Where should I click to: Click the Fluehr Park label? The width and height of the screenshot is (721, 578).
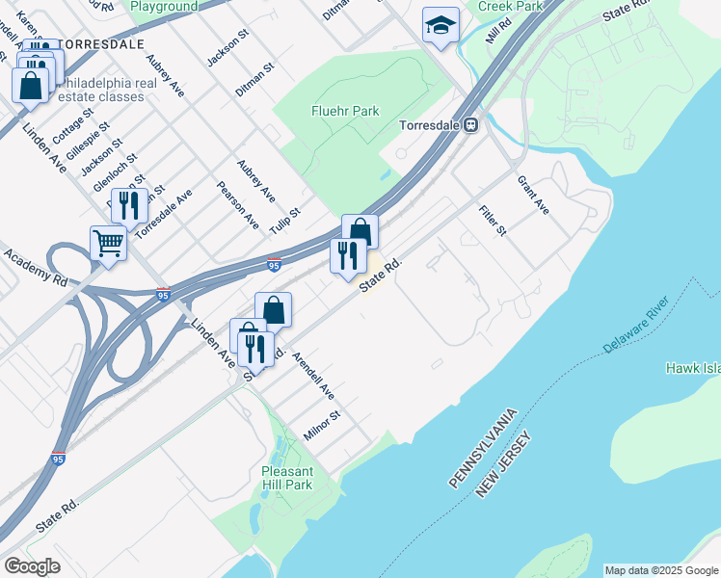[344, 111]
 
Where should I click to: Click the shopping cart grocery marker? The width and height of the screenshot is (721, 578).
[109, 243]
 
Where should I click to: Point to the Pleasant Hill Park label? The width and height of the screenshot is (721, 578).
[286, 478]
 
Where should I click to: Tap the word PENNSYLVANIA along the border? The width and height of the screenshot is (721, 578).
[483, 446]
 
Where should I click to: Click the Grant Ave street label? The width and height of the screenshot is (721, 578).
[532, 194]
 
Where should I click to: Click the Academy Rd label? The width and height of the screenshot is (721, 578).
[34, 268]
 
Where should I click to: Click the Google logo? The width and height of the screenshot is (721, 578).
[32, 566]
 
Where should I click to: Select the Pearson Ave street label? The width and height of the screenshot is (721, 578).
[238, 204]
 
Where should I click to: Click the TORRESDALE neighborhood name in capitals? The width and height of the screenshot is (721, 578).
[101, 44]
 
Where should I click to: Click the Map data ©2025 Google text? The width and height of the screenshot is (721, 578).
[661, 570]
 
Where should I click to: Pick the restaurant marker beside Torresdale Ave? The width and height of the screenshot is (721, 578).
[127, 205]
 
